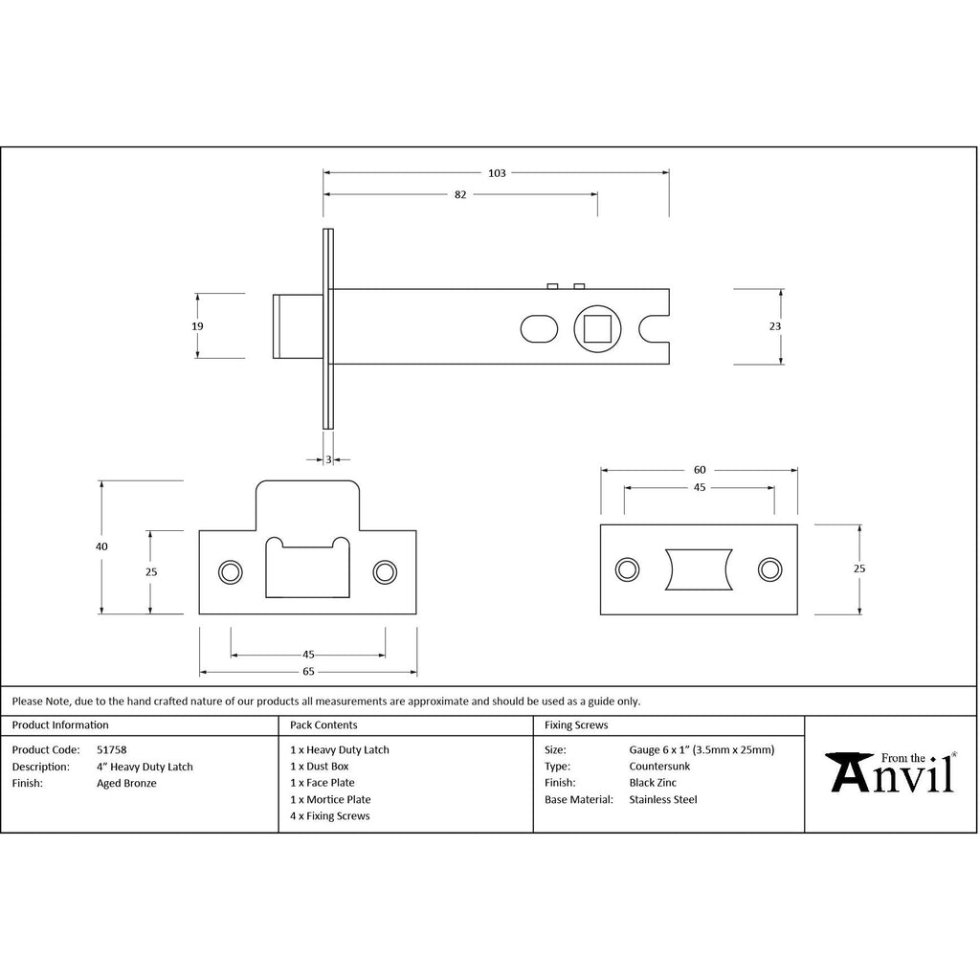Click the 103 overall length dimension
tap(497, 173)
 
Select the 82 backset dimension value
tap(460, 195)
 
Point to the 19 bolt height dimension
tap(197, 326)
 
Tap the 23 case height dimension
tap(775, 326)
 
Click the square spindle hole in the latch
tap(597, 329)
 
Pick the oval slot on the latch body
tap(539, 329)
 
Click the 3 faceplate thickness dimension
tap(329, 460)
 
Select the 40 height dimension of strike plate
tap(101, 546)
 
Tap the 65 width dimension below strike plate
tap(309, 672)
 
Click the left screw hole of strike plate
tap(230, 572)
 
